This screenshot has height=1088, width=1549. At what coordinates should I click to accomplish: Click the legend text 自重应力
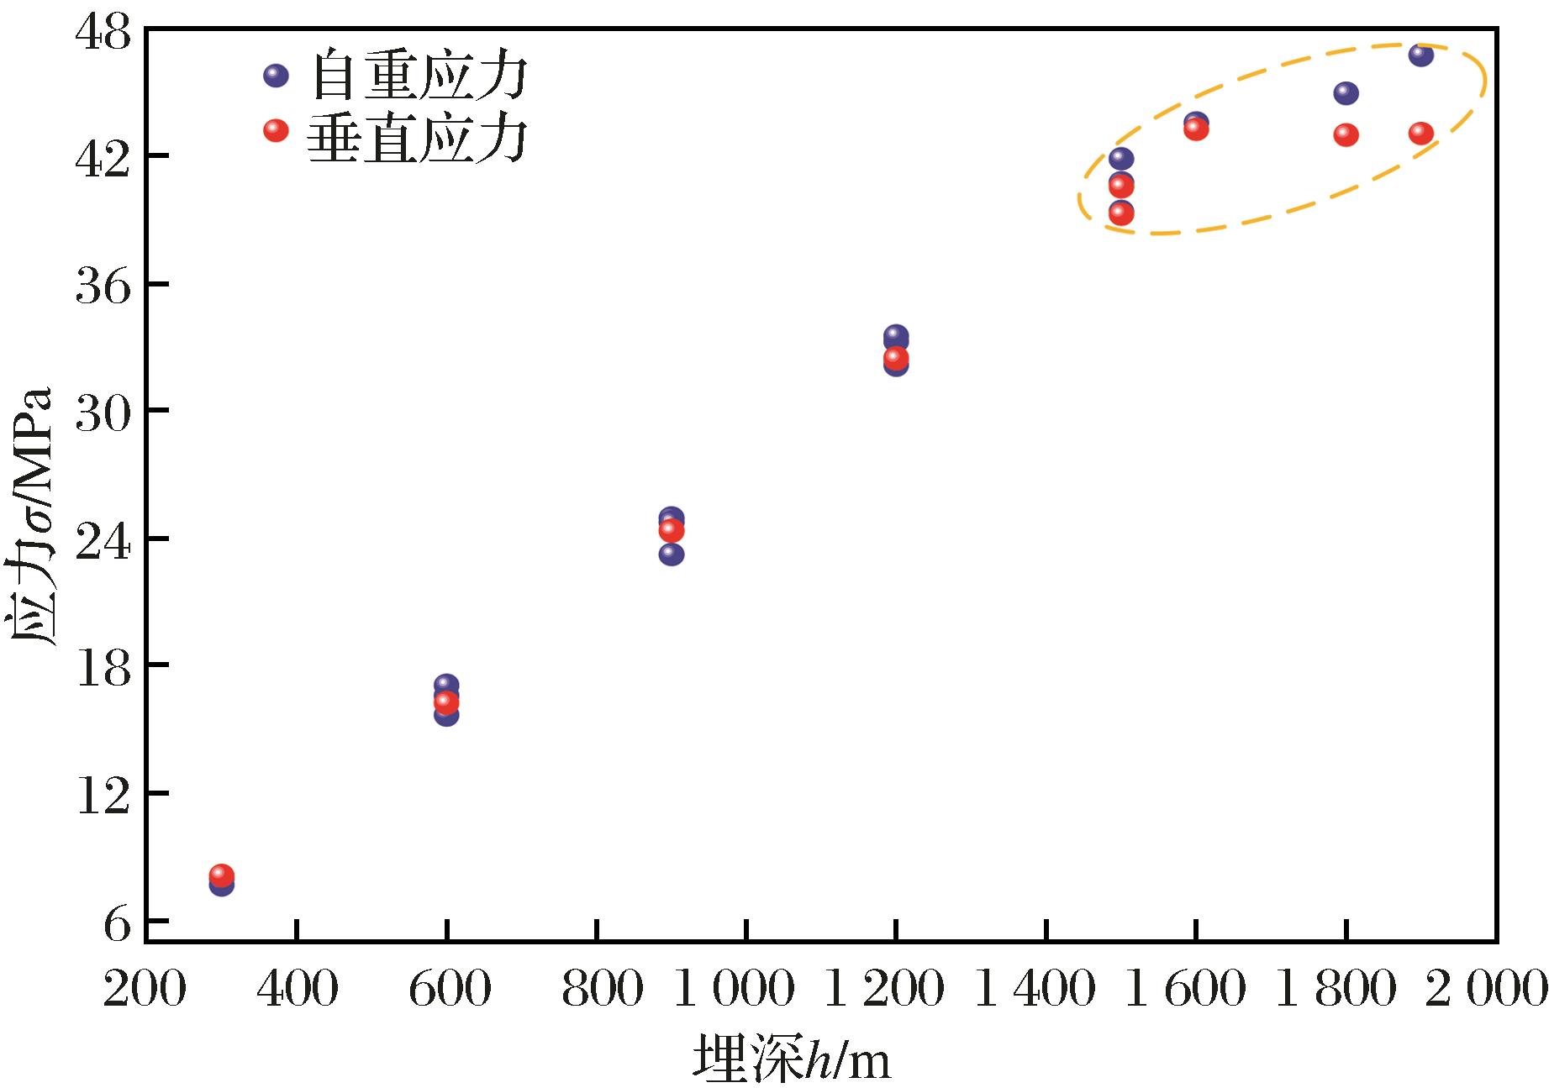[418, 77]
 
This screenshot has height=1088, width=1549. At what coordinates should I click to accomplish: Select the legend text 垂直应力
[418, 133]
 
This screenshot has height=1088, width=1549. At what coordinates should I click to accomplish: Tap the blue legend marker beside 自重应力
[276, 76]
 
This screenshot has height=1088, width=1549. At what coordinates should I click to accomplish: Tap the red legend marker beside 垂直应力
[276, 130]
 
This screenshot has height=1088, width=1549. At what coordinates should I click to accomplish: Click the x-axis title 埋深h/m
[791, 1061]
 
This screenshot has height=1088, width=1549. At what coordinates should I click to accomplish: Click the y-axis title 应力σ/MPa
[34, 517]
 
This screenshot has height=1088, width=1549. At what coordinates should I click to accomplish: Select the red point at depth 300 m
[221, 875]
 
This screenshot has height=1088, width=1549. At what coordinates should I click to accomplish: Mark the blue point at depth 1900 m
[1420, 55]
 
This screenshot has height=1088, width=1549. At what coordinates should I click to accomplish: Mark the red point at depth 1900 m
[1420, 133]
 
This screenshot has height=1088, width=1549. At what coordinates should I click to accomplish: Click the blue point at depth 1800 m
[1346, 93]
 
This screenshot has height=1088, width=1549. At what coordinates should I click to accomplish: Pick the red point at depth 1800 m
[1346, 134]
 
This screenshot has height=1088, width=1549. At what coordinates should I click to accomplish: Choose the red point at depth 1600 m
[1196, 129]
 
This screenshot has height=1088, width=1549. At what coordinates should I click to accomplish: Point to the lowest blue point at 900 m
[671, 555]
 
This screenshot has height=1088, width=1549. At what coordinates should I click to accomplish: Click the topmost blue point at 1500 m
[1120, 159]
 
